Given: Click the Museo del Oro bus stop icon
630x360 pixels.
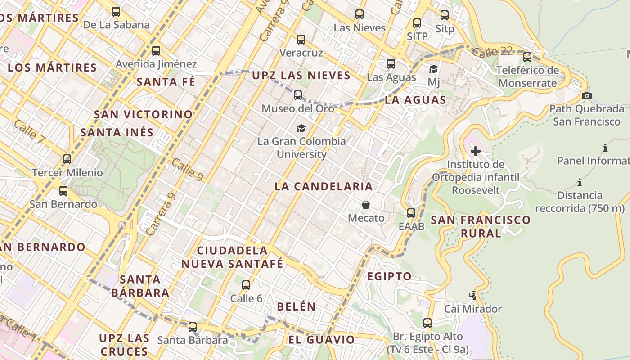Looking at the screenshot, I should (298, 95).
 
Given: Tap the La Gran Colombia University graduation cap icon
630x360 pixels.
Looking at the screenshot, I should (301, 129).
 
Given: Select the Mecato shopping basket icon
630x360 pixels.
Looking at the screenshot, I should (366, 205).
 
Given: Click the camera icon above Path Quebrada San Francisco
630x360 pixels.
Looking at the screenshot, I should (586, 95).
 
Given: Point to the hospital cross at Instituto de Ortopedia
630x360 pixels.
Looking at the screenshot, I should (475, 151).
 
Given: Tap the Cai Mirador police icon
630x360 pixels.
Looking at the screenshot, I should (472, 296).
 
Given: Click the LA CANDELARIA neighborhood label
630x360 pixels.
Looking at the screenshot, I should (324, 186).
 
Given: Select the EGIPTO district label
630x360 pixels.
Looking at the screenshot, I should (389, 276).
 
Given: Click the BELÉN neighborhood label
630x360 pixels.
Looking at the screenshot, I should (296, 306).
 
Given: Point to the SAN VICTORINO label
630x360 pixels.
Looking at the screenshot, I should (144, 114).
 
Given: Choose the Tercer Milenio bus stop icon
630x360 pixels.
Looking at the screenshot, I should (67, 159).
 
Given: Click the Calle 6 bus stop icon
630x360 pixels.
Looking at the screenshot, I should (246, 285).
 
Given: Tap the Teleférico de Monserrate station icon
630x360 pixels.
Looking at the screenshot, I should (527, 57).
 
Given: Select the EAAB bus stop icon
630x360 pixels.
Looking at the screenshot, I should (411, 213).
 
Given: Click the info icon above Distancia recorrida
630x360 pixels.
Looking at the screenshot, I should (580, 183).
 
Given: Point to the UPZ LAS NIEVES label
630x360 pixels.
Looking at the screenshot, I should (301, 75).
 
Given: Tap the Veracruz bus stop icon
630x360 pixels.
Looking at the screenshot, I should (301, 40).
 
